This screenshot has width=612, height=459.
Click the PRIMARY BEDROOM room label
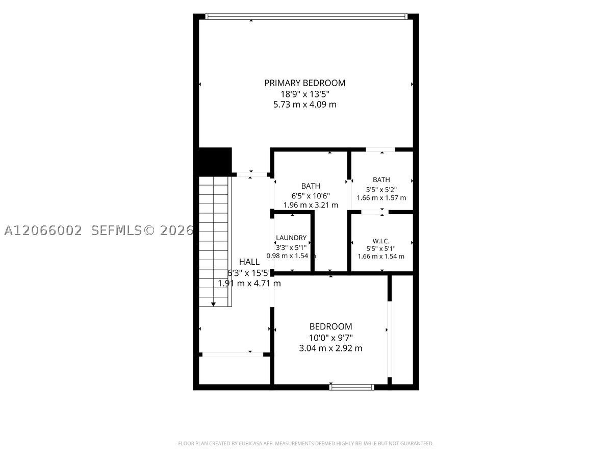[305, 83]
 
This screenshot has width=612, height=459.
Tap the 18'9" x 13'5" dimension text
[305, 94]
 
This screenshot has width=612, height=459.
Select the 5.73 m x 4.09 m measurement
[305, 105]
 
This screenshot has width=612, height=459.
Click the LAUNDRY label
[291, 238]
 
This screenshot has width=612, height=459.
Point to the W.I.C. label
[381, 241]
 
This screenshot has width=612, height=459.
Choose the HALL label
[249, 262]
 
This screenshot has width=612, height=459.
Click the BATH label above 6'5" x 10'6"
[311, 186]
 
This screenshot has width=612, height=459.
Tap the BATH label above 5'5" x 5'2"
[381, 180]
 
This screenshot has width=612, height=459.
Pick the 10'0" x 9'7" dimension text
[330, 338]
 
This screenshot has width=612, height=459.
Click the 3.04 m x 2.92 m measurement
[330, 348]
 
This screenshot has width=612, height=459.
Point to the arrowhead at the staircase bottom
[213, 304]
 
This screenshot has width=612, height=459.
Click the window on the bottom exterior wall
[351, 387]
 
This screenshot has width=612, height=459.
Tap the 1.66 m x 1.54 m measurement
[381, 257]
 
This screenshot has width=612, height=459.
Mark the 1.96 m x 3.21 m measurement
[311, 205]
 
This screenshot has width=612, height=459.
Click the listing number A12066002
[43, 231]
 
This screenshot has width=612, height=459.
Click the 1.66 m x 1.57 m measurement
[381, 198]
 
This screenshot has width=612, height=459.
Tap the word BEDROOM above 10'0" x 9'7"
[330, 326]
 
